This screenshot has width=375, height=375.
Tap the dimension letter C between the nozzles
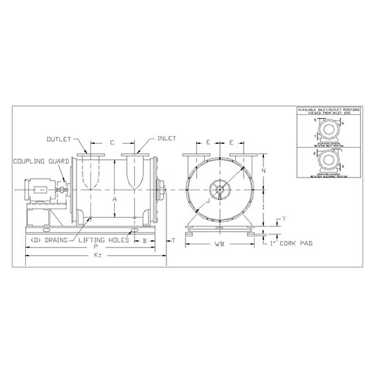click(112, 142)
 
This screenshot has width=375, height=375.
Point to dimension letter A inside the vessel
click(115, 199)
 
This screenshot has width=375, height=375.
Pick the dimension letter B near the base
click(145, 242)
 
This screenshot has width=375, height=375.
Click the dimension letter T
click(173, 241)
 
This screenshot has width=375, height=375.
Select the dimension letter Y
click(283, 218)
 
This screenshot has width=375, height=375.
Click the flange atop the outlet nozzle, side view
click(88, 156)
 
